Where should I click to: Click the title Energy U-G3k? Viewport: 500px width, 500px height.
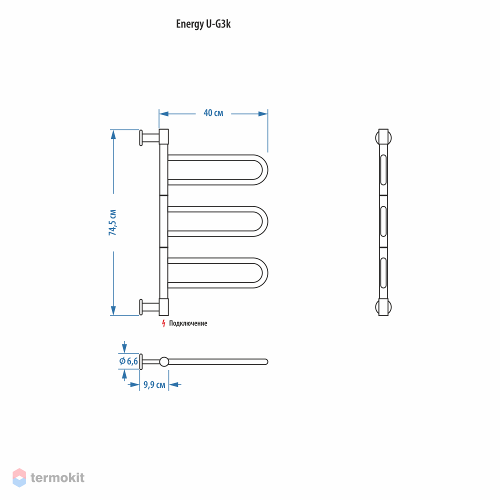click(203, 24)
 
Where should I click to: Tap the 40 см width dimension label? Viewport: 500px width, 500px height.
click(213, 113)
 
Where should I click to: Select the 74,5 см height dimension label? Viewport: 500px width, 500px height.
click(112, 222)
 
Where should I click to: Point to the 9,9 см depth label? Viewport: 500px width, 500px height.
click(154, 385)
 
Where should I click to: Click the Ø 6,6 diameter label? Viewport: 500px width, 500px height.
click(128, 361)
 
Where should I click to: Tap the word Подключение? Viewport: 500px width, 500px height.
click(188, 323)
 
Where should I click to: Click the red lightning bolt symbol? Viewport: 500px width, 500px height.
click(163, 323)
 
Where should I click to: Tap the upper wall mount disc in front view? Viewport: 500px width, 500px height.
click(141, 138)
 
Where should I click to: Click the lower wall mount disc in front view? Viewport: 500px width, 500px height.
click(141, 307)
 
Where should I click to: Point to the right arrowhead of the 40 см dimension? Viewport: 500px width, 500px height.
click(263, 114)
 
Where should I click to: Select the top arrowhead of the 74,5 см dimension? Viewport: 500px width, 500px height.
click(113, 134)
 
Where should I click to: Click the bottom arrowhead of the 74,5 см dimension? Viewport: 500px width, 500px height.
click(113, 310)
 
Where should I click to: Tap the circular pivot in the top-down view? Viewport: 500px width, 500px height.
click(164, 361)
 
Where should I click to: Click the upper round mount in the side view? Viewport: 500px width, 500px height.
click(383, 138)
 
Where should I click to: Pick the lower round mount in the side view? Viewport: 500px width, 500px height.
click(383, 307)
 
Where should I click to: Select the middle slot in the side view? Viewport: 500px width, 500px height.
click(383, 221)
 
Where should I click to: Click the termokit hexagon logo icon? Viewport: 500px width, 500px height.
click(19, 477)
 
